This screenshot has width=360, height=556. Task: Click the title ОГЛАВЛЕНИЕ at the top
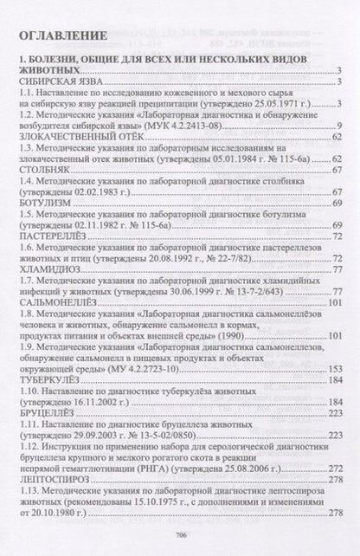[x=65, y=36]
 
